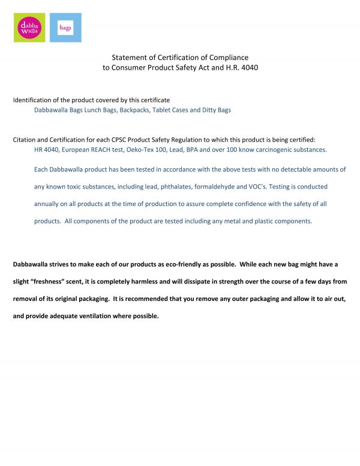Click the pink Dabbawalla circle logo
point(29,28)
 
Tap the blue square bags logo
point(65,28)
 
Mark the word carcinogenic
point(273,149)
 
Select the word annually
point(47,204)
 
